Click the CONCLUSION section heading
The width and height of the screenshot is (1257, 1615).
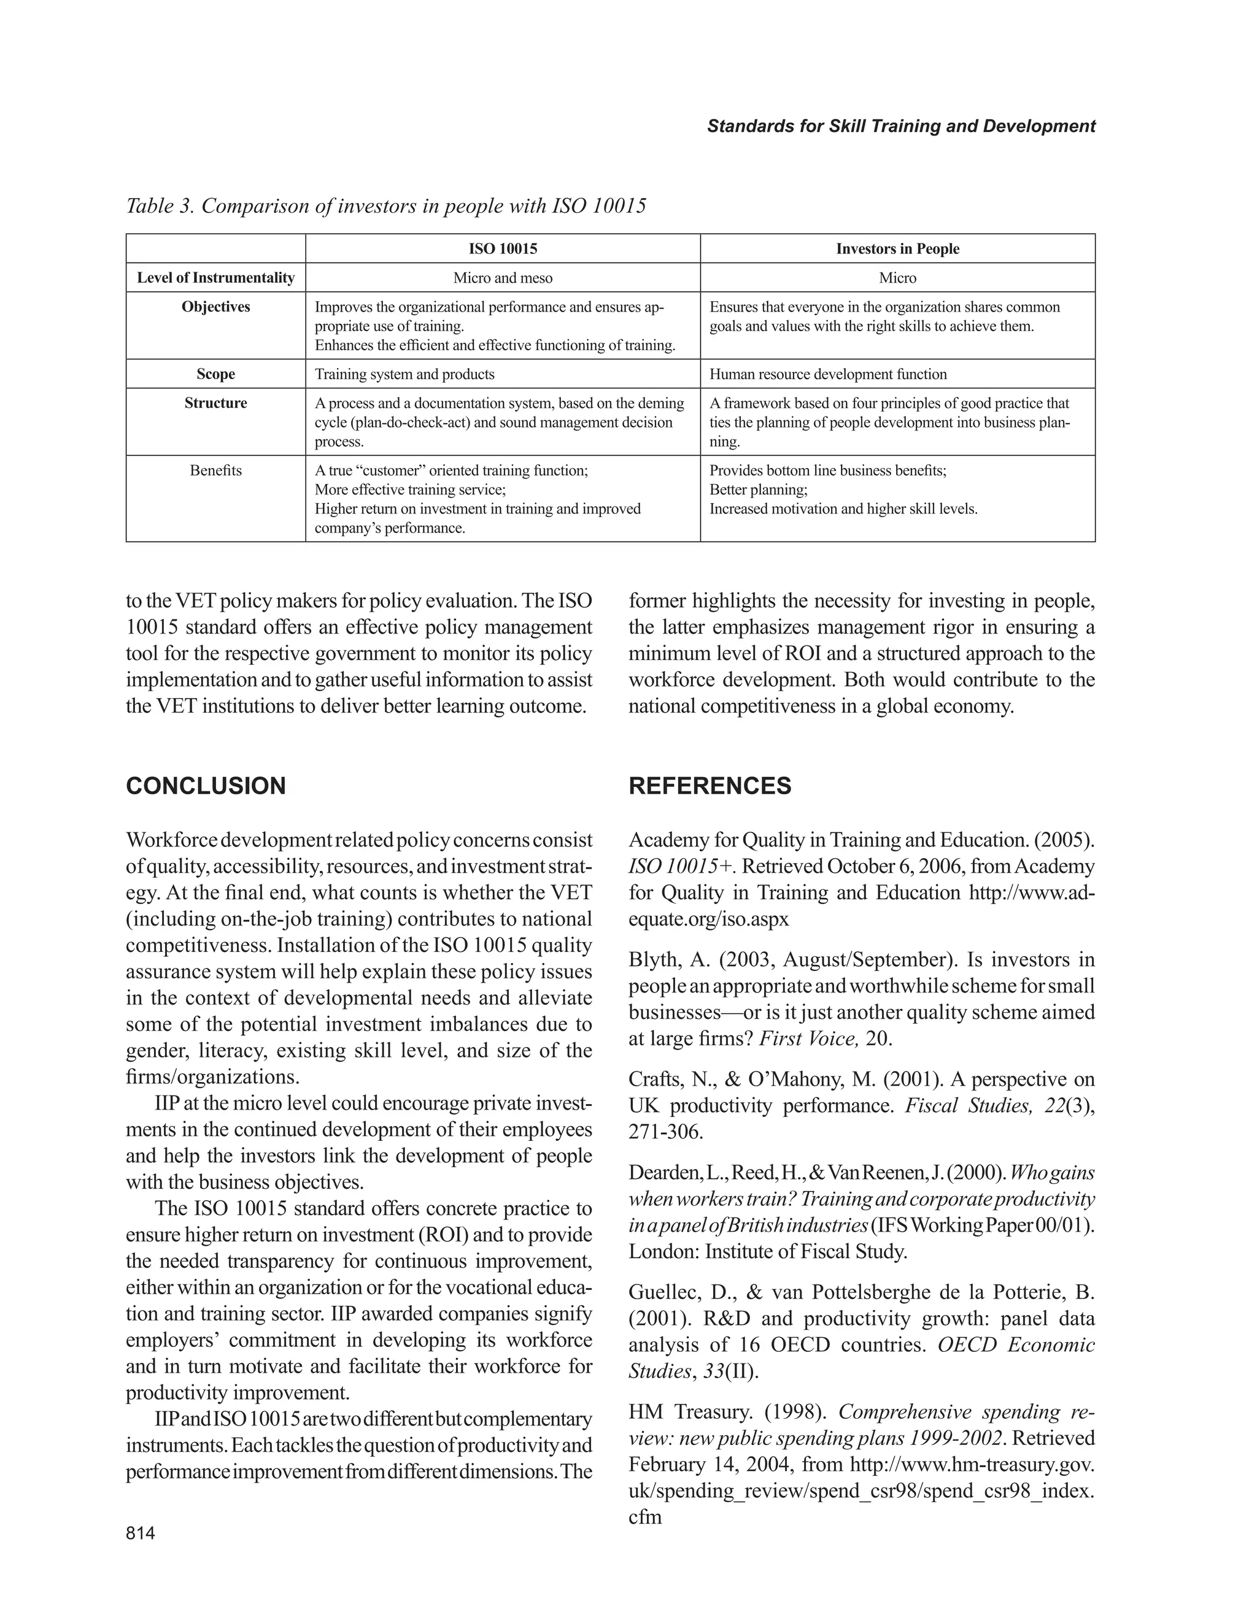pos(206,785)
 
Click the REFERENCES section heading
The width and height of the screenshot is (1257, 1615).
pos(710,785)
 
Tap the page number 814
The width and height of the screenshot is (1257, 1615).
pos(141,1533)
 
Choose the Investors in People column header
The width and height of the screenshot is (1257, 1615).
pos(897,248)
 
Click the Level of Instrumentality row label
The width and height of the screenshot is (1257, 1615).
pos(215,278)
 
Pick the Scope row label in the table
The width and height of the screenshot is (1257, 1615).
pos(215,374)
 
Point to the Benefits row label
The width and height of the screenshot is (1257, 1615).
pos(215,470)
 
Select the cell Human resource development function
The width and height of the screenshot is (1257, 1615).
pos(827,374)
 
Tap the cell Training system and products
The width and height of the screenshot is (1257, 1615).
pos(404,374)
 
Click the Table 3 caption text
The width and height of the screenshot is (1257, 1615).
pos(385,205)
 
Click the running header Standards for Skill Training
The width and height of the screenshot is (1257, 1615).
pos(900,126)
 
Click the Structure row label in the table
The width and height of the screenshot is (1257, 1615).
pos(215,403)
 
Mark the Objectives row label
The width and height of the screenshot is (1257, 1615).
pos(215,307)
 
